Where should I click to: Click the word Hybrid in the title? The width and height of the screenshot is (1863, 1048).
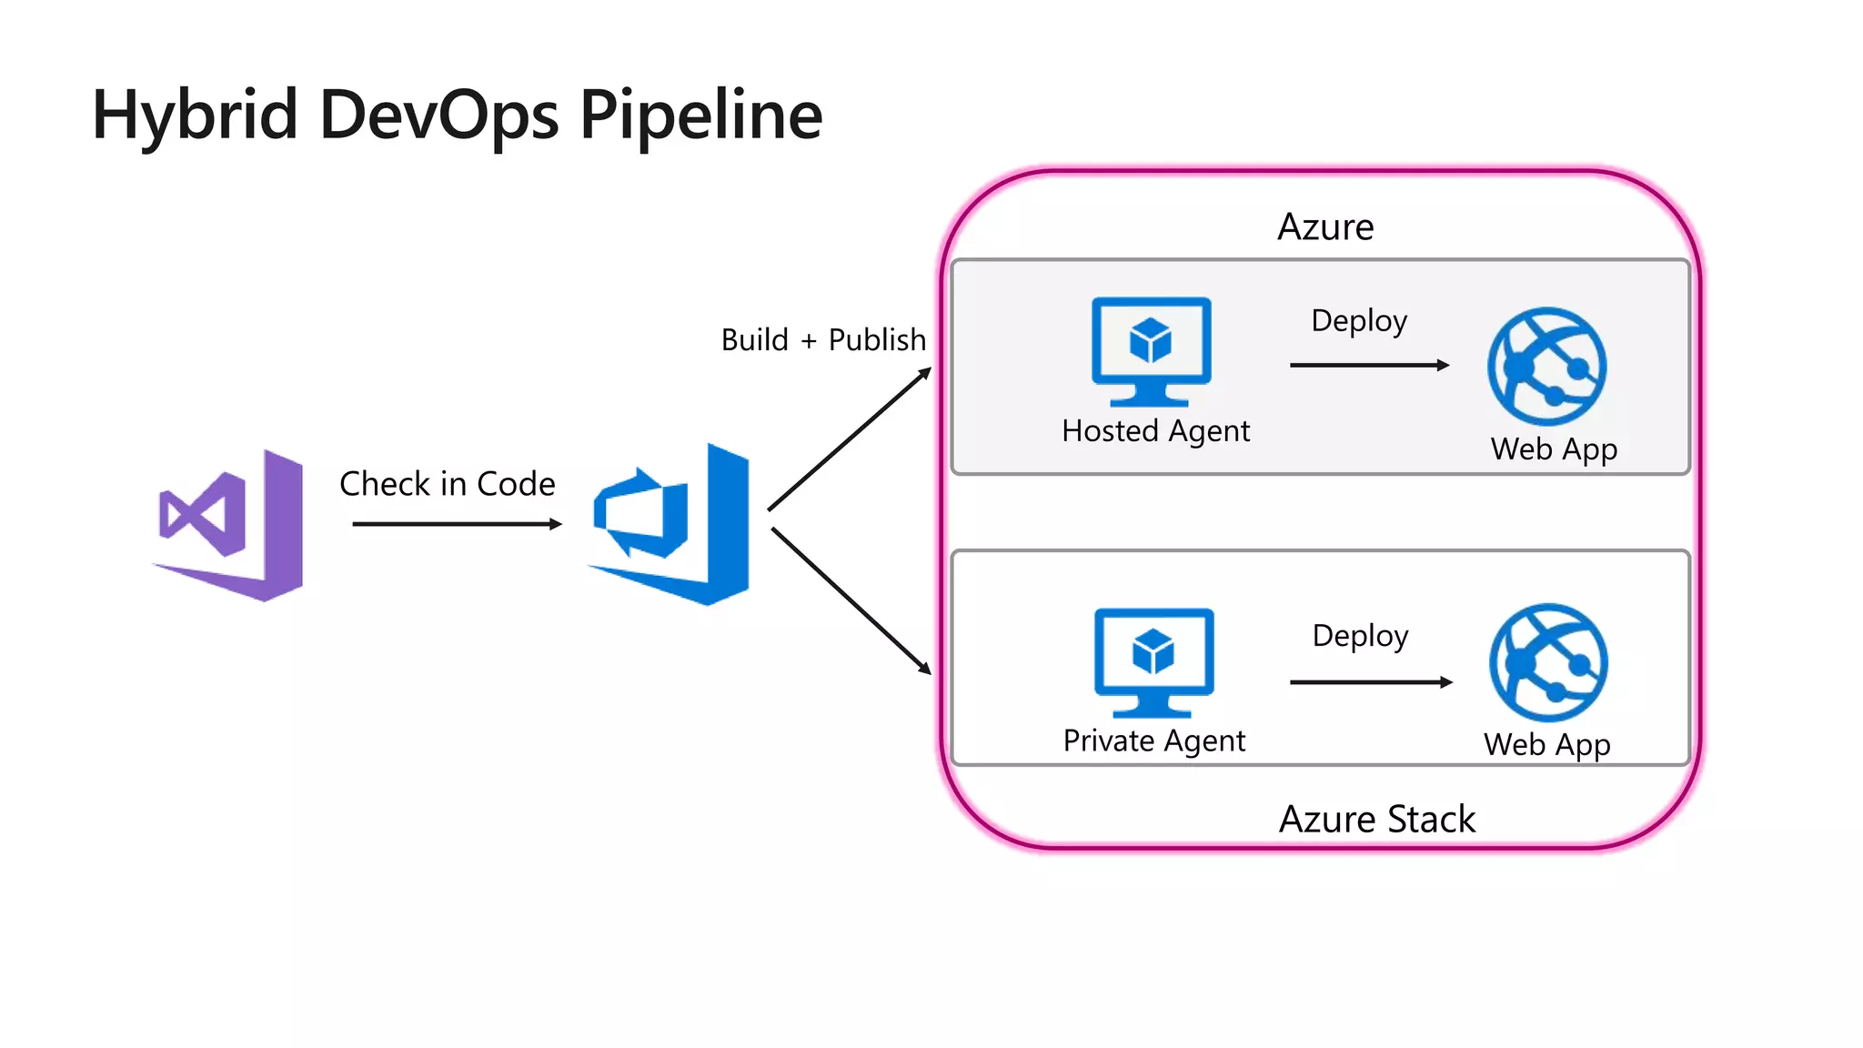(195, 116)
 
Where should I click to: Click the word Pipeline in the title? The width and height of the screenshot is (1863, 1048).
(700, 116)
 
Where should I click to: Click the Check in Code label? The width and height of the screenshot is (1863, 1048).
(447, 484)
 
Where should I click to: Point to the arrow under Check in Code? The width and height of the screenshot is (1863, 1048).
(457, 524)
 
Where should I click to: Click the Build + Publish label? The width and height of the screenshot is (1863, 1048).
(822, 340)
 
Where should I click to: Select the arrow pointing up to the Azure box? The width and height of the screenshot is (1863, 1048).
(850, 439)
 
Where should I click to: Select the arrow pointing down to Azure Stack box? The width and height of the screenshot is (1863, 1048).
(851, 601)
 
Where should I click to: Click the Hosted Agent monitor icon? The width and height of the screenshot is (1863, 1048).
(1151, 351)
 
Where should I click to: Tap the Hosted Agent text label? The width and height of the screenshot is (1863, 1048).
(1155, 431)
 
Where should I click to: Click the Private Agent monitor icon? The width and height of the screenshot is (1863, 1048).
(1153, 662)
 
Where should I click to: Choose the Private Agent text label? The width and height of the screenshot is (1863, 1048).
(1153, 741)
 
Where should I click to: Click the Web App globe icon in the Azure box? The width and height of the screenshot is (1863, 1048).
(1546, 367)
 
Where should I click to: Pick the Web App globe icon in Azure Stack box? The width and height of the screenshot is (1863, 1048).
(1548, 663)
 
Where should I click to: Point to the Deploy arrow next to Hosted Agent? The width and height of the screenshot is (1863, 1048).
(1369, 365)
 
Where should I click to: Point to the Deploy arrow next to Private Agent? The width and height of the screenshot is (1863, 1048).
(1371, 682)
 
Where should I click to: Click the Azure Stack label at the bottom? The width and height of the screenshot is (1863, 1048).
(1376, 820)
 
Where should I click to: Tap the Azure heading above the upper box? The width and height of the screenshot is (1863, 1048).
(1325, 227)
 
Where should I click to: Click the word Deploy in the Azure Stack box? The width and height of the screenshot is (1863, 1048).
(1360, 636)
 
